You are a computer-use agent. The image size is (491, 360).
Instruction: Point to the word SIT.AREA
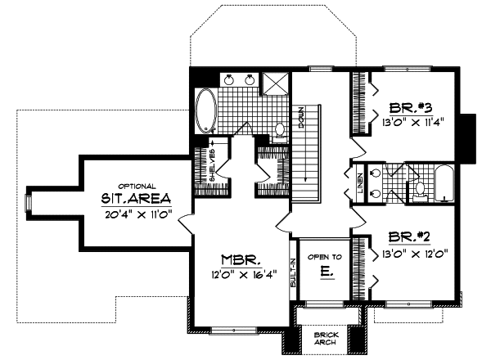(x=137, y=199)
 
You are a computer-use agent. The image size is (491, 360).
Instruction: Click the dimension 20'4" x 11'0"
(x=136, y=215)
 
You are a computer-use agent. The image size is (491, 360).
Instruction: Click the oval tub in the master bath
(x=205, y=110)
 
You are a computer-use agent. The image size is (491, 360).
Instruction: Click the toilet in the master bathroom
(x=278, y=130)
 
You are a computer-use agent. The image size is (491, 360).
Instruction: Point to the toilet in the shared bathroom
(x=419, y=189)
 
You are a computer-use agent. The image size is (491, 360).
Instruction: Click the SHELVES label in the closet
(x=212, y=164)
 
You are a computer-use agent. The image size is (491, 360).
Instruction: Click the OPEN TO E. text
(x=318, y=263)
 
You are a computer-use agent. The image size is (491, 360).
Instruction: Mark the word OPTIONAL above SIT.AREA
(x=137, y=186)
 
